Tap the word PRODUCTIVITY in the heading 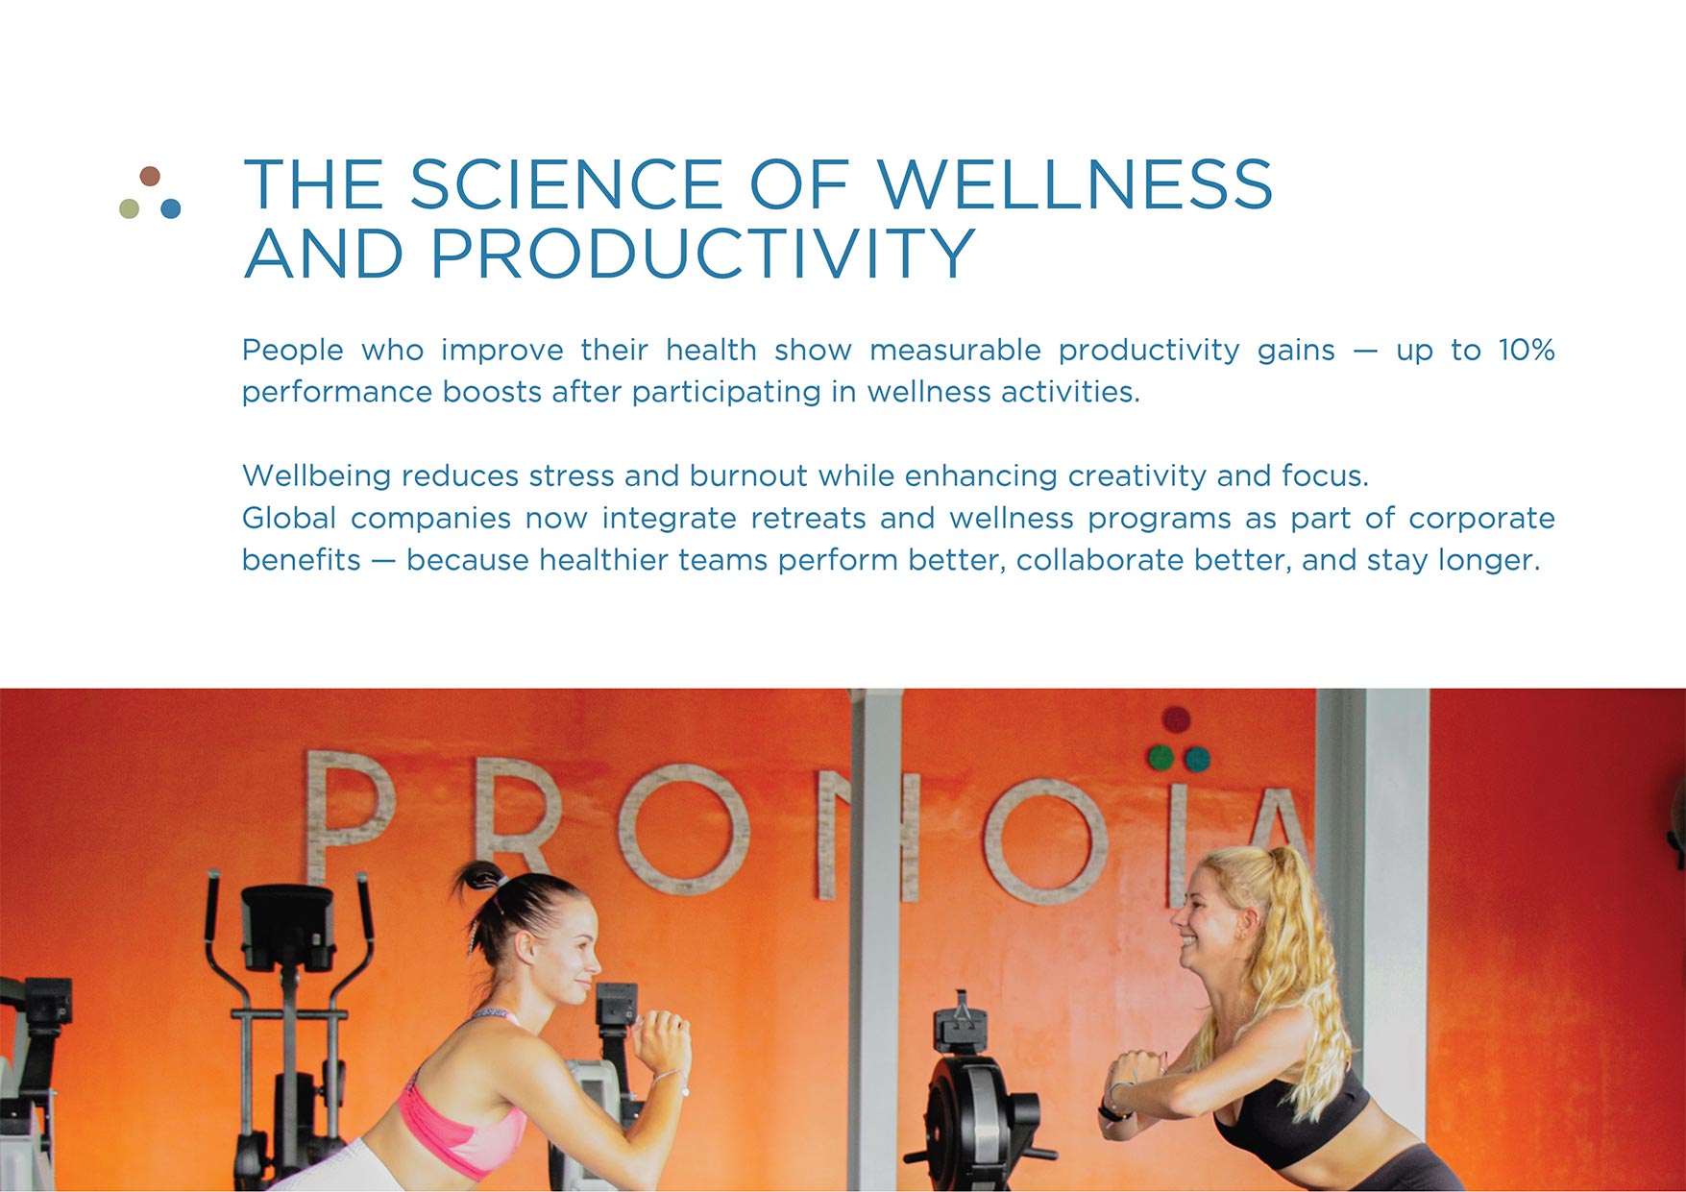702,254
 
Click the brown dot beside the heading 150,176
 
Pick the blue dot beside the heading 171,208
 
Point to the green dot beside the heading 129,208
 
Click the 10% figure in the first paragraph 1526,350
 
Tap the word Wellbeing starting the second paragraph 316,475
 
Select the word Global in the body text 288,518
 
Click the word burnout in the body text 748,475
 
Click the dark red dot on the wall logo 1176,718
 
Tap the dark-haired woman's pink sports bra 461,1129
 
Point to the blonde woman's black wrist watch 1110,1112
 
